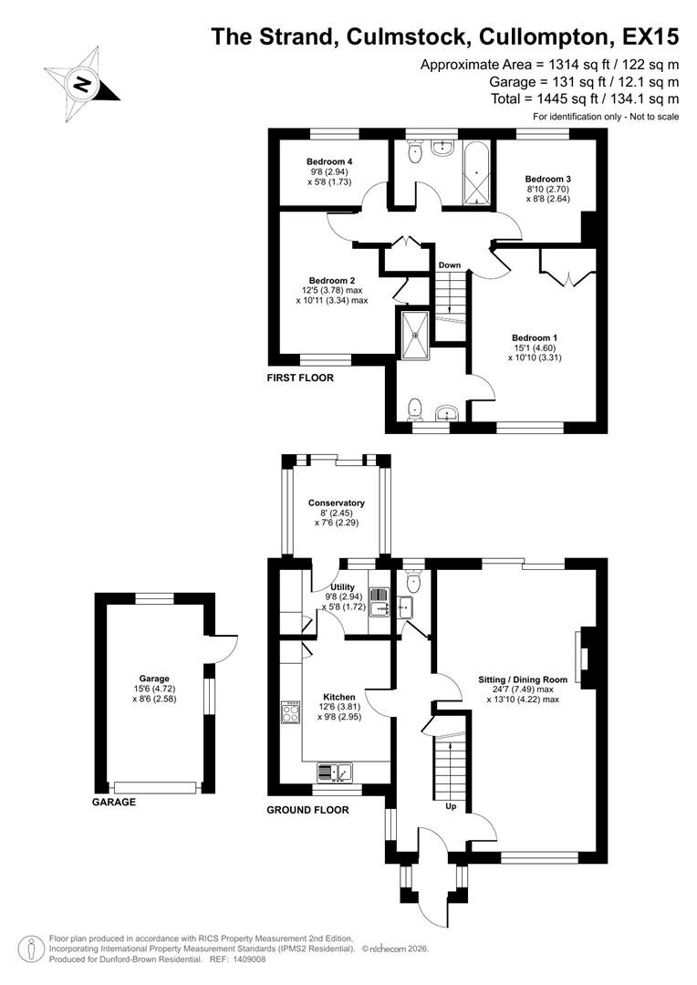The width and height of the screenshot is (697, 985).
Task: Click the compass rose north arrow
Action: point(83,84)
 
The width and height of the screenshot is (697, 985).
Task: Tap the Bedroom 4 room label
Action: point(330,161)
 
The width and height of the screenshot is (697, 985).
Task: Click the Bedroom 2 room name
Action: point(331,280)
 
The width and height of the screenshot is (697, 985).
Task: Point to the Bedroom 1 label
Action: point(535,337)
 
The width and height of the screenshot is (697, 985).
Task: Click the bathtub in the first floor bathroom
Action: point(476,173)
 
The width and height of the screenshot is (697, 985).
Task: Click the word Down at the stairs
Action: point(449,265)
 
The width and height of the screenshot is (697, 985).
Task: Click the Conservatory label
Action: point(337,503)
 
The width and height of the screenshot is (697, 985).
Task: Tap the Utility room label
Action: point(343,587)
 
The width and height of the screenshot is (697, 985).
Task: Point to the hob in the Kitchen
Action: point(292,712)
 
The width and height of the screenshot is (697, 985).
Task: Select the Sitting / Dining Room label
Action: point(524,679)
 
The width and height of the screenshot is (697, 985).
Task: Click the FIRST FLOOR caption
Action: point(300,378)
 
